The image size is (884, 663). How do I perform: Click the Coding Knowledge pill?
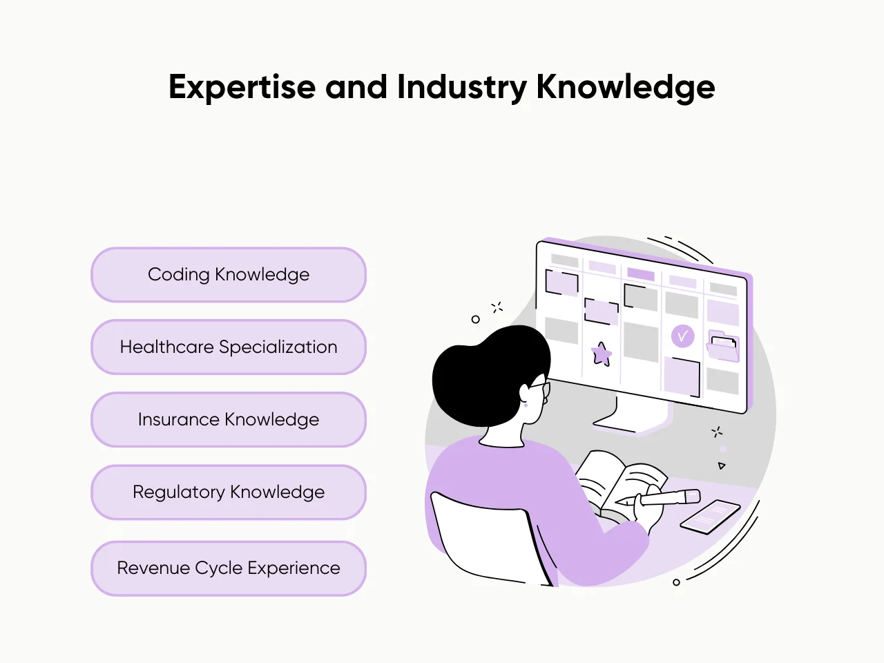pyautogui.click(x=228, y=275)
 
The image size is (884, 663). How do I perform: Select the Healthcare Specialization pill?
pyautogui.click(x=228, y=347)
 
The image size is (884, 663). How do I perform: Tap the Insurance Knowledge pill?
pyautogui.click(x=228, y=420)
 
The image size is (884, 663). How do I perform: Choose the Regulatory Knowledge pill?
pyautogui.click(x=228, y=492)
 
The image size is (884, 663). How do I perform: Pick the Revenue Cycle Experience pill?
pyautogui.click(x=228, y=568)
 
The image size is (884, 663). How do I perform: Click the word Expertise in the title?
pyautogui.click(x=242, y=88)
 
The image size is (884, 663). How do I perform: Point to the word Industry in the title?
pyautogui.click(x=461, y=88)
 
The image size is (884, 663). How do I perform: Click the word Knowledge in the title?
pyautogui.click(x=625, y=88)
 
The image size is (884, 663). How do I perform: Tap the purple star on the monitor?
pyautogui.click(x=602, y=354)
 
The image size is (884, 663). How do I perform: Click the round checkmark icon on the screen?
pyautogui.click(x=682, y=336)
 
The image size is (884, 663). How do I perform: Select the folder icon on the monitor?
pyautogui.click(x=723, y=346)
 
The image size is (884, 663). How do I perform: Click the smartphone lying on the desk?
pyautogui.click(x=710, y=516)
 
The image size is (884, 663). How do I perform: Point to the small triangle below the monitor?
pyautogui.click(x=722, y=465)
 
